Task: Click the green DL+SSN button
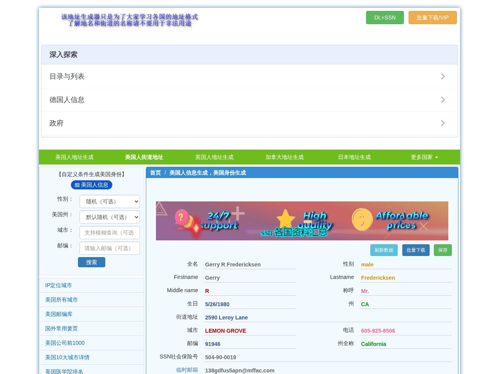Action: pyautogui.click(x=385, y=18)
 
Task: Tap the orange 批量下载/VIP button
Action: pyautogui.click(x=432, y=18)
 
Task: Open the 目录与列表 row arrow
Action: pyautogui.click(x=442, y=76)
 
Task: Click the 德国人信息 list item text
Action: pyautogui.click(x=67, y=100)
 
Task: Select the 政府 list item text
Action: pyautogui.click(x=57, y=123)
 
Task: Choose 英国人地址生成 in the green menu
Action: pyautogui.click(x=214, y=157)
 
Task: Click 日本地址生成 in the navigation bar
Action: pyautogui.click(x=354, y=157)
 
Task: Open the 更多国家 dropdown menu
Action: pyautogui.click(x=424, y=157)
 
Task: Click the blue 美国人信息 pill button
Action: pyautogui.click(x=91, y=185)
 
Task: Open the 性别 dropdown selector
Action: pyautogui.click(x=110, y=201)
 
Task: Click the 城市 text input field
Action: pyautogui.click(x=110, y=233)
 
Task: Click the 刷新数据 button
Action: pyautogui.click(x=384, y=250)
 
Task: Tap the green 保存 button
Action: pyautogui.click(x=442, y=250)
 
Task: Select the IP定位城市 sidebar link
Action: pyautogui.click(x=58, y=285)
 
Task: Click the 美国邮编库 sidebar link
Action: pyautogui.click(x=58, y=314)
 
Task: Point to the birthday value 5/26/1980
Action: pyautogui.click(x=217, y=304)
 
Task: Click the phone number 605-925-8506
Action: pyautogui.click(x=378, y=331)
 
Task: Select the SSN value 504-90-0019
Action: pyautogui.click(x=221, y=357)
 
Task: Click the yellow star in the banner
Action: pyautogui.click(x=285, y=218)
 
